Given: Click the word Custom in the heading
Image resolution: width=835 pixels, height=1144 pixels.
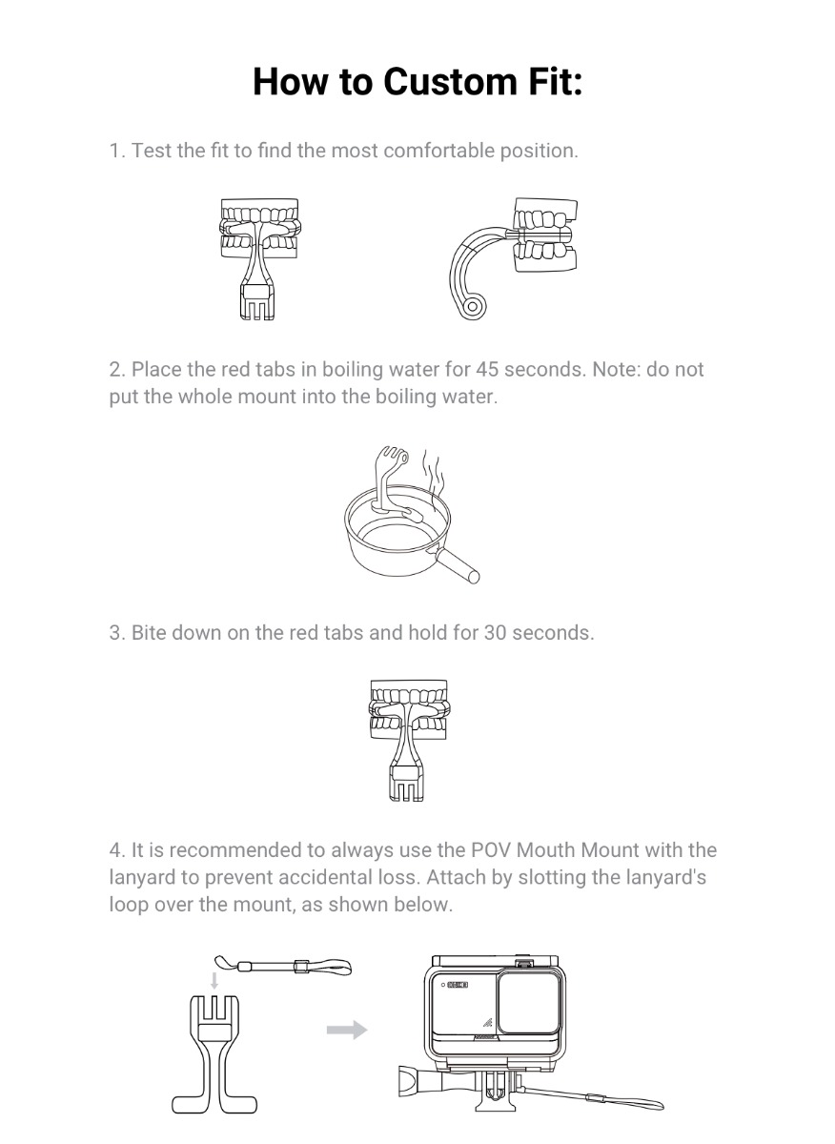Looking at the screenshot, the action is click(451, 82).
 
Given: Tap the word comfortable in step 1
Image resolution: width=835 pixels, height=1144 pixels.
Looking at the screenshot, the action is click(438, 151).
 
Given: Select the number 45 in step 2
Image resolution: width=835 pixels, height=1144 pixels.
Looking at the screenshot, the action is click(487, 369).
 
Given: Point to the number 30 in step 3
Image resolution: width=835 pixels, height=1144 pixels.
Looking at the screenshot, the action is click(495, 633).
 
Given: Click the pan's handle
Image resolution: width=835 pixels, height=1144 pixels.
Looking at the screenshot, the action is click(455, 563).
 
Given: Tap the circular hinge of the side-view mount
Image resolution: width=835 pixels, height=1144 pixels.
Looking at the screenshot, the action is click(473, 307).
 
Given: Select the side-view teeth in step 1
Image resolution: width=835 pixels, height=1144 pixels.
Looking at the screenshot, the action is click(544, 235).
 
